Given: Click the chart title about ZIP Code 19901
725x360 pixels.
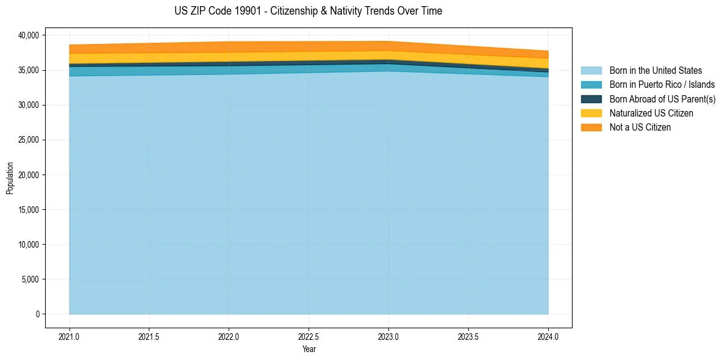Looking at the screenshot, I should pos(308,11).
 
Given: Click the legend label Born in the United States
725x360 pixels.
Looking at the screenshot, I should pos(655,71).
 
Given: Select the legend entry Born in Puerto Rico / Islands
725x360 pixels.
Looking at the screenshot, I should pos(662,85).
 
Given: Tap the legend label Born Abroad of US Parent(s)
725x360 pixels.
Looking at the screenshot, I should pos(662,99).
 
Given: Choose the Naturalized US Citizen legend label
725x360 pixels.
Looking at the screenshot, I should pos(651,113).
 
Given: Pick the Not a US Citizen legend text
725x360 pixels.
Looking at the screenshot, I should pos(640,127).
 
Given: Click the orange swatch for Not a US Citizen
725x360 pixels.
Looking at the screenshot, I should pos(591,127).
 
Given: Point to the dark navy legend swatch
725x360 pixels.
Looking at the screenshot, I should pos(591,99).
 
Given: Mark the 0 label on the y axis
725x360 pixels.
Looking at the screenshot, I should pos(37,314).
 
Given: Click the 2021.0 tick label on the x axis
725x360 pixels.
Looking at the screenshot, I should pos(70,336).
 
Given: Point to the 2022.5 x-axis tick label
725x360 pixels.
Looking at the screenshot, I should pos(309,336).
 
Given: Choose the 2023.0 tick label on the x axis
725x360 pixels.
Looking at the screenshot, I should pos(388,336).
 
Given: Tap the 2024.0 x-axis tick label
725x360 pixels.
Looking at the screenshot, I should pos(548,336).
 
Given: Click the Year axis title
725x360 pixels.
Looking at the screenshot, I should pos(309,349).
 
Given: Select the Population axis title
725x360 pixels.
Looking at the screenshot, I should pos(10,178).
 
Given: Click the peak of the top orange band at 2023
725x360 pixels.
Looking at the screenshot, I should pos(388,42).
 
